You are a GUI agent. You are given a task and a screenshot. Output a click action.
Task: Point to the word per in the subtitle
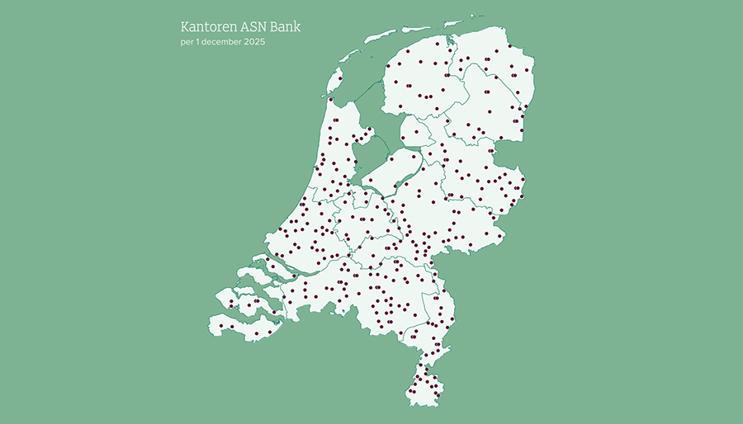coord(187,41)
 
